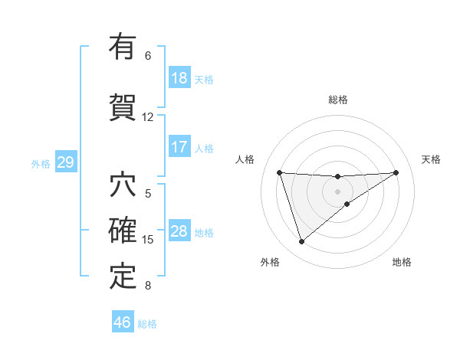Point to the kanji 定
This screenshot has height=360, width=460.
tap(123, 277)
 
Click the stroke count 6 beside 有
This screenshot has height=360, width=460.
tap(148, 55)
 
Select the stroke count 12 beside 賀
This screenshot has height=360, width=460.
tap(148, 117)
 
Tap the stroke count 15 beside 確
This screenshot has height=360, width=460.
tap(148, 240)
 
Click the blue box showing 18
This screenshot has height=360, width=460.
tap(179, 78)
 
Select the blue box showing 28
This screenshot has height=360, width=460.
tap(179, 231)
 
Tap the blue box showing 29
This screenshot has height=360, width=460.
tap(65, 162)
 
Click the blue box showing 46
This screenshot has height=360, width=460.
tap(122, 322)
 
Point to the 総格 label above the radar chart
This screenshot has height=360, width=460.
tap(338, 100)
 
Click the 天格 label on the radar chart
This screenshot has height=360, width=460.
tap(431, 159)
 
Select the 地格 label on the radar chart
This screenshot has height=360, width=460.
tap(402, 262)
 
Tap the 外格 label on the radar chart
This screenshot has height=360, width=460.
tap(270, 262)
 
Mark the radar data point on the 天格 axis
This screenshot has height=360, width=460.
tap(396, 172)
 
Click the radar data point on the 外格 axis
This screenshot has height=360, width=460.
tap(301, 242)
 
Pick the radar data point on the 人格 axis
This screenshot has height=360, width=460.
tap(280, 172)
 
